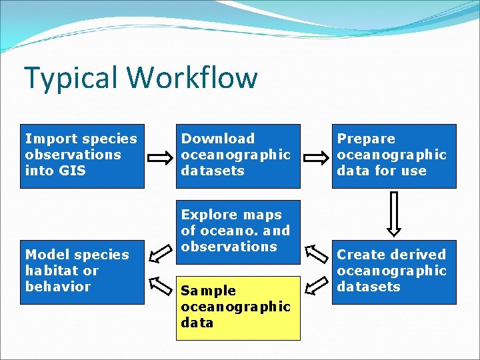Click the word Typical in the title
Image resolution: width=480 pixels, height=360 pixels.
(x=72, y=78)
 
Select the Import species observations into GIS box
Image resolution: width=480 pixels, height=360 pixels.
(x=81, y=156)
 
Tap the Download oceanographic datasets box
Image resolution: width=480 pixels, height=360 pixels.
(x=237, y=156)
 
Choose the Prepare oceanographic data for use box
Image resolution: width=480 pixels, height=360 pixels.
(x=393, y=156)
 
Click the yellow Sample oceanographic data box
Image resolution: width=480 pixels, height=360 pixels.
(x=237, y=307)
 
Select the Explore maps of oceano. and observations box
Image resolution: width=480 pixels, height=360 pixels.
(x=237, y=231)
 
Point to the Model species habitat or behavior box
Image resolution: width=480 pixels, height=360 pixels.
(x=81, y=271)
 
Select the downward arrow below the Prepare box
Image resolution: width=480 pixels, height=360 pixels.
(x=394, y=213)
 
